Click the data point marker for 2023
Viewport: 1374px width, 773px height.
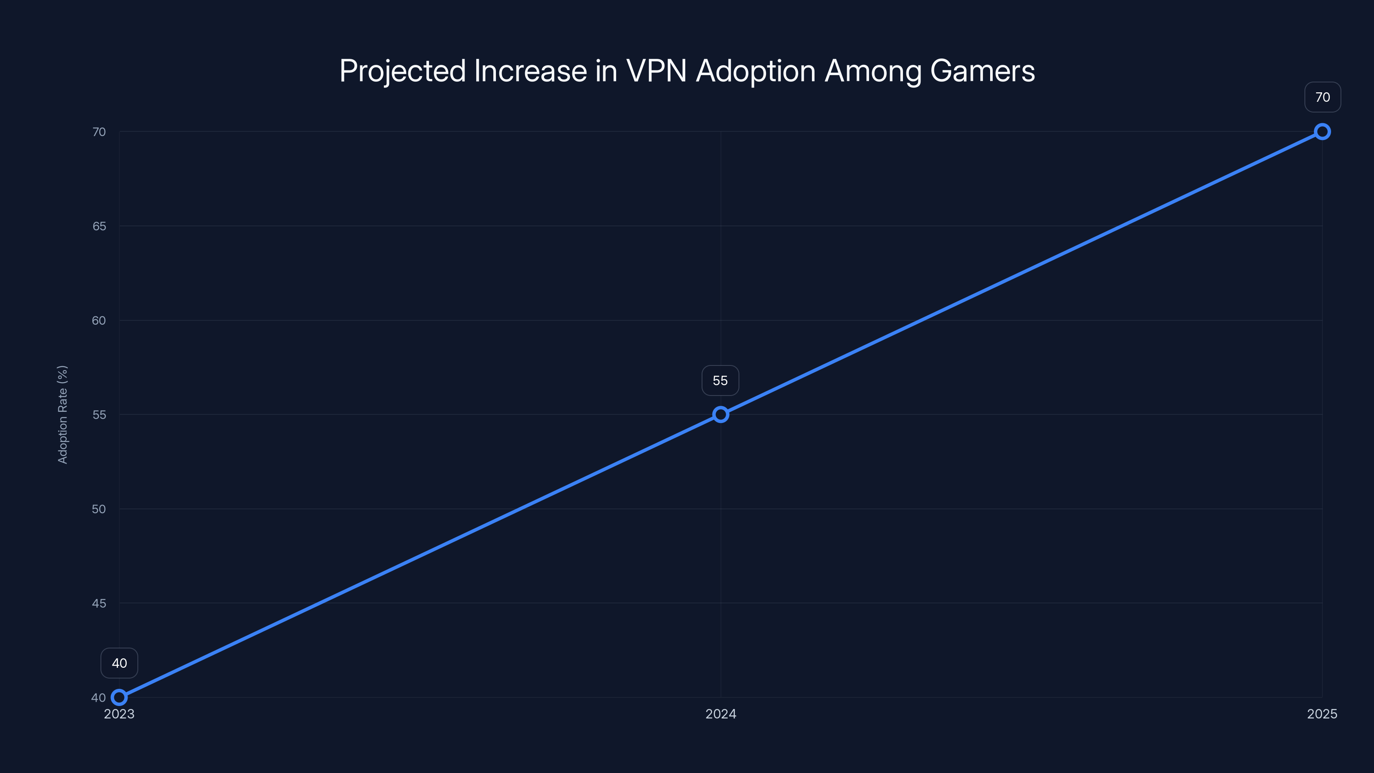click(x=119, y=697)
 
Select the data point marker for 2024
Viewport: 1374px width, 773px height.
click(x=720, y=414)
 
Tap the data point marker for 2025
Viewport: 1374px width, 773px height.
click(x=1322, y=131)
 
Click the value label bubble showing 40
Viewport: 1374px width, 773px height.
click(x=119, y=663)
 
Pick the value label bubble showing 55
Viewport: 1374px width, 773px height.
click(x=720, y=380)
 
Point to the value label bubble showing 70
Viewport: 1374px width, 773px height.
click(x=1322, y=97)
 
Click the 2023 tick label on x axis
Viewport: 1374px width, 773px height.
click(x=119, y=714)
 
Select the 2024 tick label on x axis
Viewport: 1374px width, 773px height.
click(x=720, y=714)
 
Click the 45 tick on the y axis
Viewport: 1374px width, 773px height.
click(x=99, y=603)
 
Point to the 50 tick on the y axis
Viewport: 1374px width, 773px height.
click(x=99, y=509)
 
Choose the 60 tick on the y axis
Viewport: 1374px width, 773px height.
click(x=99, y=321)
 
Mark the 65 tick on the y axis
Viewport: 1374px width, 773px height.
click(x=99, y=226)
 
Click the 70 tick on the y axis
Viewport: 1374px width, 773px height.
click(x=99, y=132)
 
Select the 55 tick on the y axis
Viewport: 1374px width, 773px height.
click(x=99, y=414)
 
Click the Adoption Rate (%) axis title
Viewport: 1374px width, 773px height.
click(x=62, y=414)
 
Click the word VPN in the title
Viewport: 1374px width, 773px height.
click(x=656, y=71)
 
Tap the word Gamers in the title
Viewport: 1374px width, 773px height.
click(x=982, y=71)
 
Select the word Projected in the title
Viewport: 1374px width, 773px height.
click(x=402, y=71)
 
